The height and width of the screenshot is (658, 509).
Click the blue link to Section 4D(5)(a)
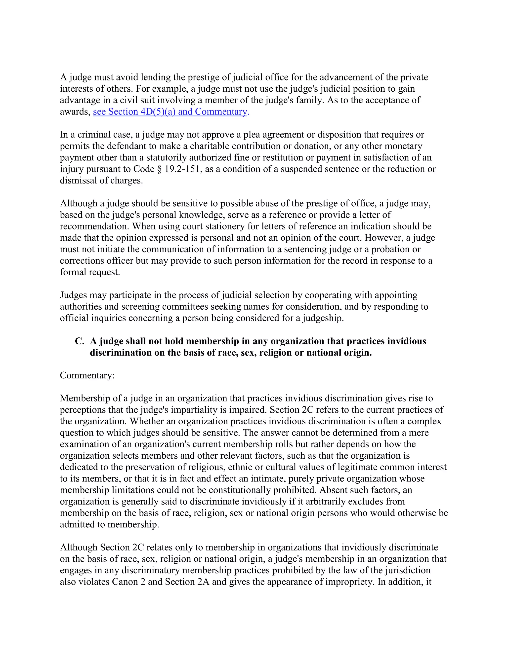[x=170, y=112]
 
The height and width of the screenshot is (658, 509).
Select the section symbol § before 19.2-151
[x=160, y=169]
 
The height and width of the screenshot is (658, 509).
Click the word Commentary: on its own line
[x=87, y=375]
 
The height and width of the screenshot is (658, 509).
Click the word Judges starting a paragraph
[x=73, y=295]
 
